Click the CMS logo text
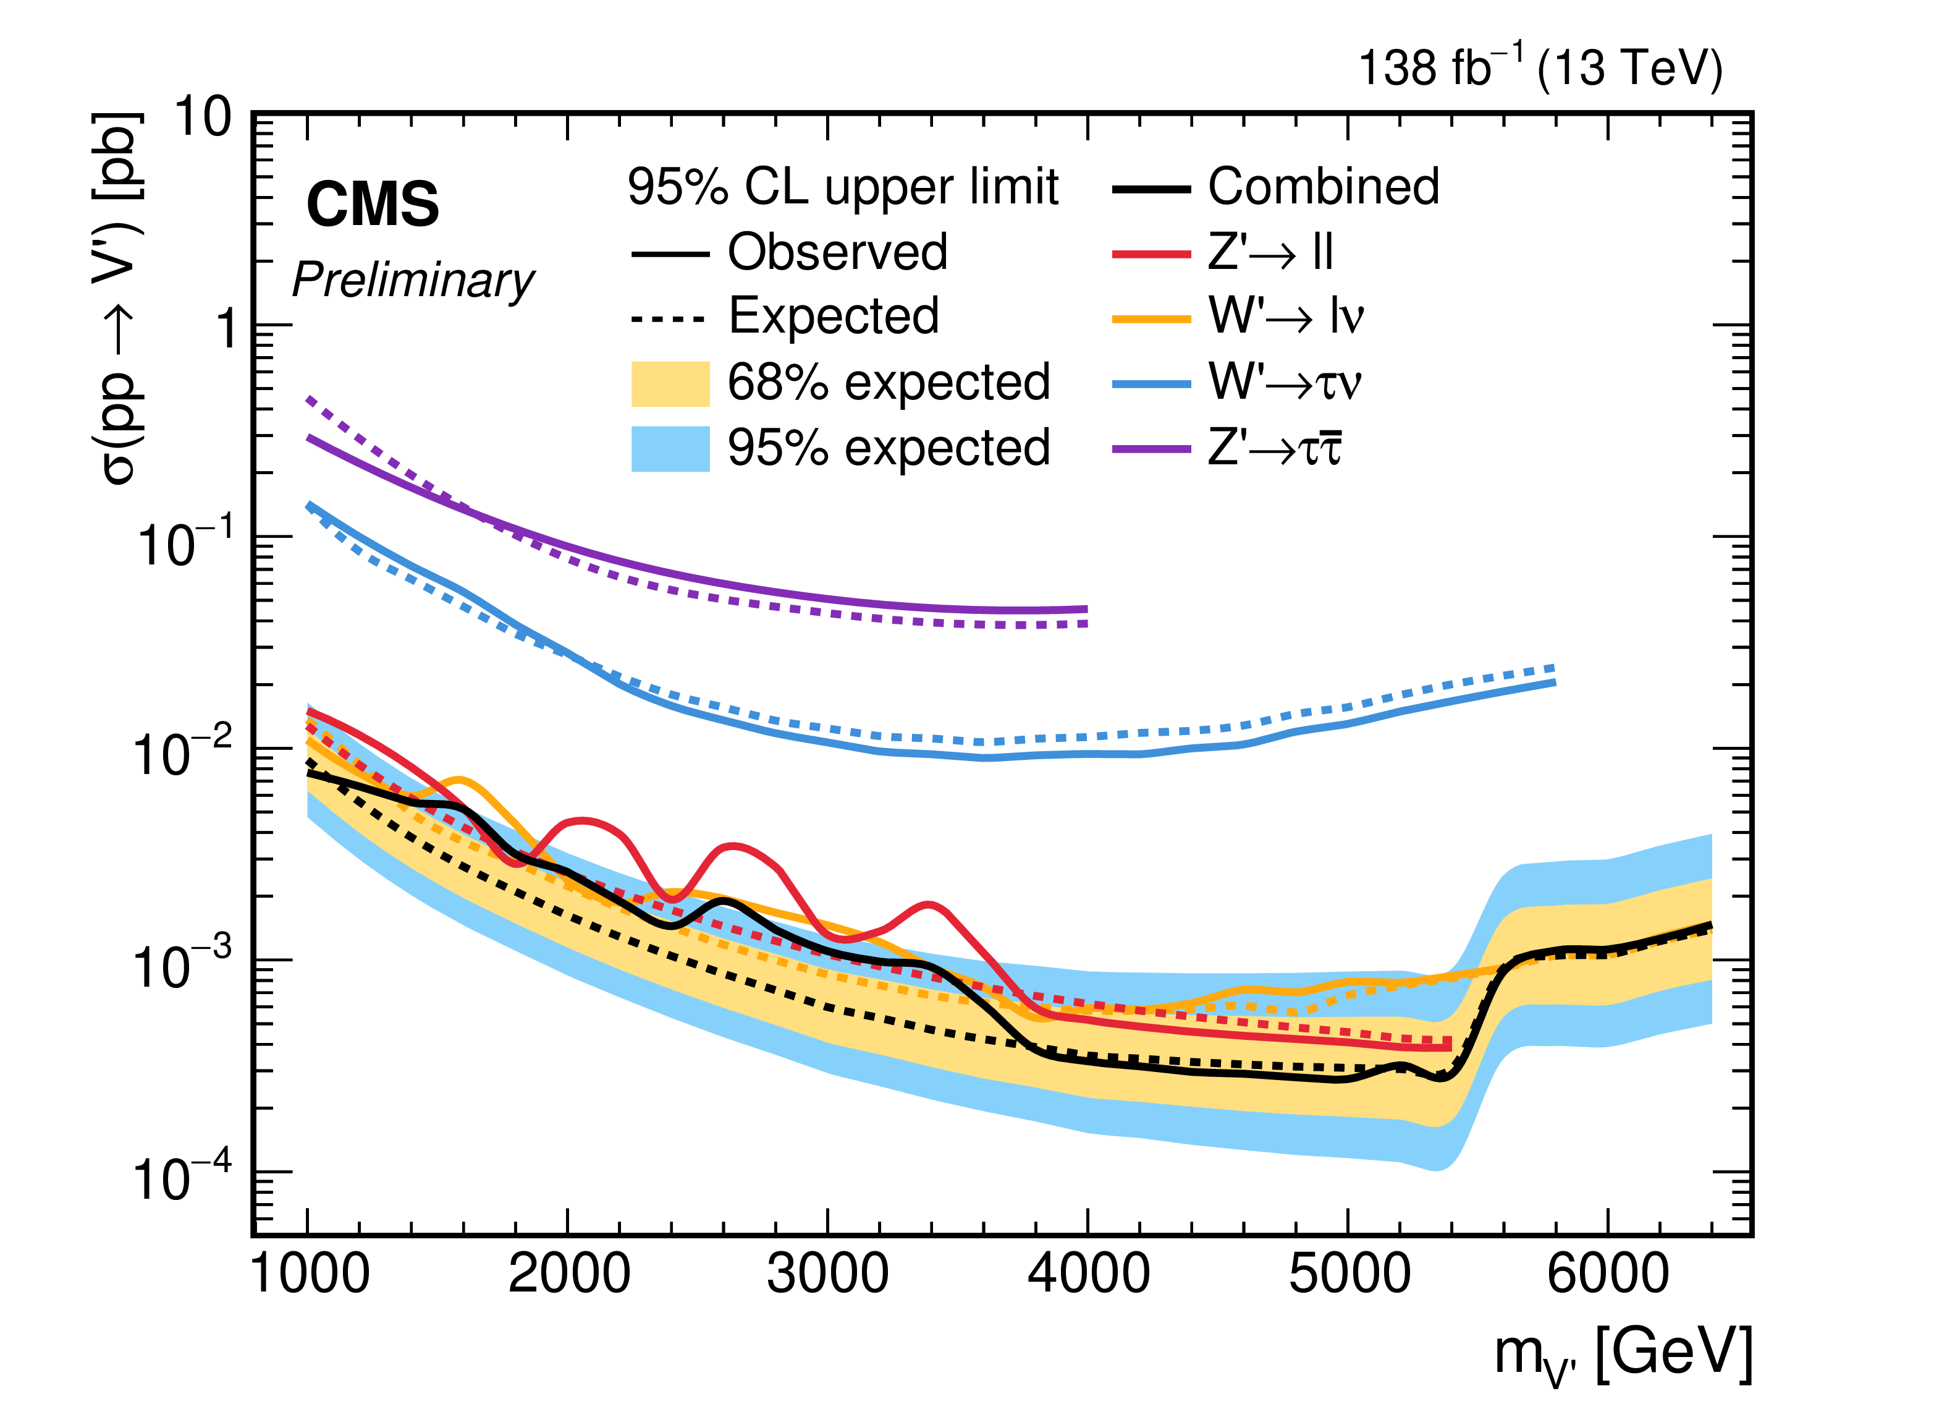[x=373, y=205]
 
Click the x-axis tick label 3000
[x=827, y=1274]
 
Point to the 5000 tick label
[x=1349, y=1274]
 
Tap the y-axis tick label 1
[x=226, y=329]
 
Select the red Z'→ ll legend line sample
[x=1151, y=254]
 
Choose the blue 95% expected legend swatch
[x=670, y=449]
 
